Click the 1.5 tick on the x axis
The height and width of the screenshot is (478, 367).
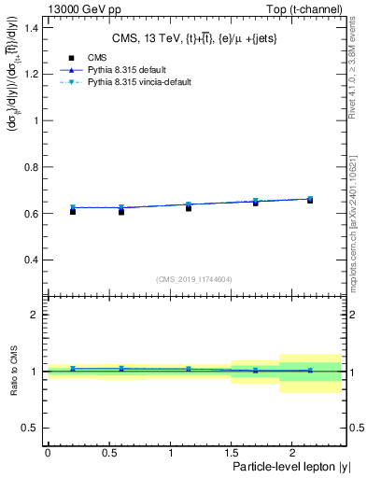(x=231, y=452)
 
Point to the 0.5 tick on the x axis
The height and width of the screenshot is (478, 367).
(x=108, y=452)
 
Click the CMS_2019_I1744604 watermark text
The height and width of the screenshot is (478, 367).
(x=194, y=279)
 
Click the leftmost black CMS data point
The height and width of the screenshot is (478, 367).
(x=72, y=212)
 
